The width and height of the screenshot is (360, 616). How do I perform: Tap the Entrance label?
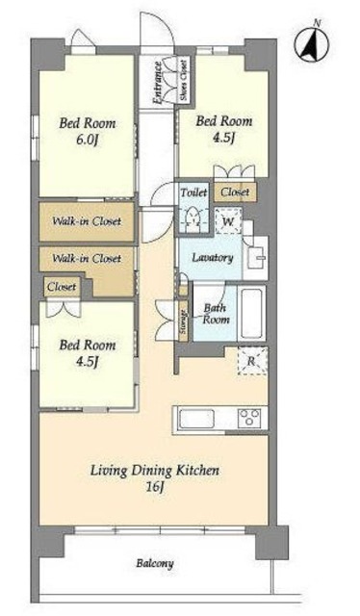click(x=158, y=83)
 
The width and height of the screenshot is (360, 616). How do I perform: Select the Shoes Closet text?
click(x=184, y=79)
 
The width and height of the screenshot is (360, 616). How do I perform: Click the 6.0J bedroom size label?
click(x=87, y=140)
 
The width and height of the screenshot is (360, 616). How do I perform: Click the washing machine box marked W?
click(x=228, y=221)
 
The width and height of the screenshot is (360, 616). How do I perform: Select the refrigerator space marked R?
click(x=252, y=361)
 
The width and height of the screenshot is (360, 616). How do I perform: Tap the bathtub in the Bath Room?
click(x=251, y=314)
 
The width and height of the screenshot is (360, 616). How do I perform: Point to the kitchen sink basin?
click(x=196, y=419)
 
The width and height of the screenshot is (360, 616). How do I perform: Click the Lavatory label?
click(x=213, y=258)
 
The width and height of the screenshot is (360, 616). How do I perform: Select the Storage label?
click(x=184, y=321)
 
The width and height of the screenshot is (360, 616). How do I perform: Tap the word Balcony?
click(x=155, y=564)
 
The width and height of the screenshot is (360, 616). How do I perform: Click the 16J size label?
click(x=155, y=487)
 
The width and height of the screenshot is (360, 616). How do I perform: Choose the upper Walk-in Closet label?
click(x=87, y=221)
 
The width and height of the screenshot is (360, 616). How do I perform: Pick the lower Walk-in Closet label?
click(x=87, y=258)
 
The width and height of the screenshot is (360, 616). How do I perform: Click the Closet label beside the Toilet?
click(x=235, y=192)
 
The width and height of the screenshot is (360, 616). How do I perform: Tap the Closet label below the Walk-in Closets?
click(x=62, y=287)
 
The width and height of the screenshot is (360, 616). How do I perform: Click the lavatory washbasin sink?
click(x=255, y=258)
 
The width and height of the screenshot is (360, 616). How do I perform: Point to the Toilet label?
click(x=193, y=192)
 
